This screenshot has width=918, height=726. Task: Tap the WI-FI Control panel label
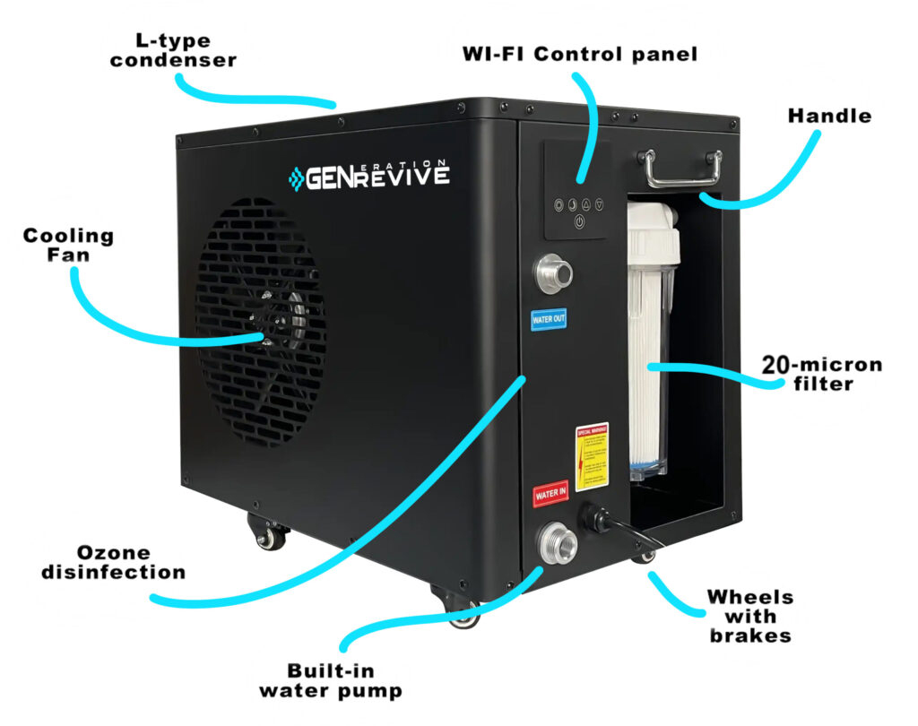point(579,55)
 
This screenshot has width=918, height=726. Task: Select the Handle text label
point(829,116)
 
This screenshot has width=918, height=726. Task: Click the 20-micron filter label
point(821,374)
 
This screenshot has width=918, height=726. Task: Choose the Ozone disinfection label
point(114,562)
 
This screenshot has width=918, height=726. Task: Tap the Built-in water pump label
point(331,680)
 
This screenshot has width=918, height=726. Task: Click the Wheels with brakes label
point(749,616)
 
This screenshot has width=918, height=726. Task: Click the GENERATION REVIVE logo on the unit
point(368,176)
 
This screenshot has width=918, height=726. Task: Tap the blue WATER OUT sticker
point(548,319)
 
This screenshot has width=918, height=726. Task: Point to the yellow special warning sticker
point(592,456)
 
